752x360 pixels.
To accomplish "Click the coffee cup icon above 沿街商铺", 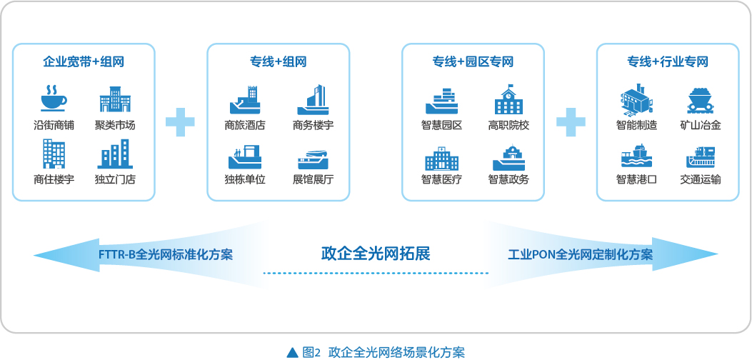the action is coord(54,99).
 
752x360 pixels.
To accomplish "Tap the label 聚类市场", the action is coord(115,126).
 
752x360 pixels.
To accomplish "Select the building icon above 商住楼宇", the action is coord(54,154).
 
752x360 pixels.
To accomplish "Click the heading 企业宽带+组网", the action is coord(84,62).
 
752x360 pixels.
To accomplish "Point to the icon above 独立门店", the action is coord(115,154).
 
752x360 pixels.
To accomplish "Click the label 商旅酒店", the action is coord(244,126).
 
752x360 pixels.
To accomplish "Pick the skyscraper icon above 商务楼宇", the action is coord(313,100).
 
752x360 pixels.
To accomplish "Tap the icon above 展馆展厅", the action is coord(313,160).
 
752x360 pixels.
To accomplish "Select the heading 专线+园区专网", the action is coord(473,62).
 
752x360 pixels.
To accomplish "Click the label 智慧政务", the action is coord(508,180).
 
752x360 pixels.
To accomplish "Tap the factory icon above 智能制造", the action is coord(636,99).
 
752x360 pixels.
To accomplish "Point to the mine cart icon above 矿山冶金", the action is coord(700,101).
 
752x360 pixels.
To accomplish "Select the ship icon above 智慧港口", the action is coord(636,156).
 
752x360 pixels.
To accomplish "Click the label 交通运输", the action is coord(700,180).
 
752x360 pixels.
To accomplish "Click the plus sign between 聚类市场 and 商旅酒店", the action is coord(181,122).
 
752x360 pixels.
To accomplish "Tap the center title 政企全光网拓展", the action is coord(376,253).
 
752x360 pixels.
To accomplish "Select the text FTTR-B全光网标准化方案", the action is coord(166,254).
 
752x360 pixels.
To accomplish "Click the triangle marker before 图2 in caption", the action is coord(292,353).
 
